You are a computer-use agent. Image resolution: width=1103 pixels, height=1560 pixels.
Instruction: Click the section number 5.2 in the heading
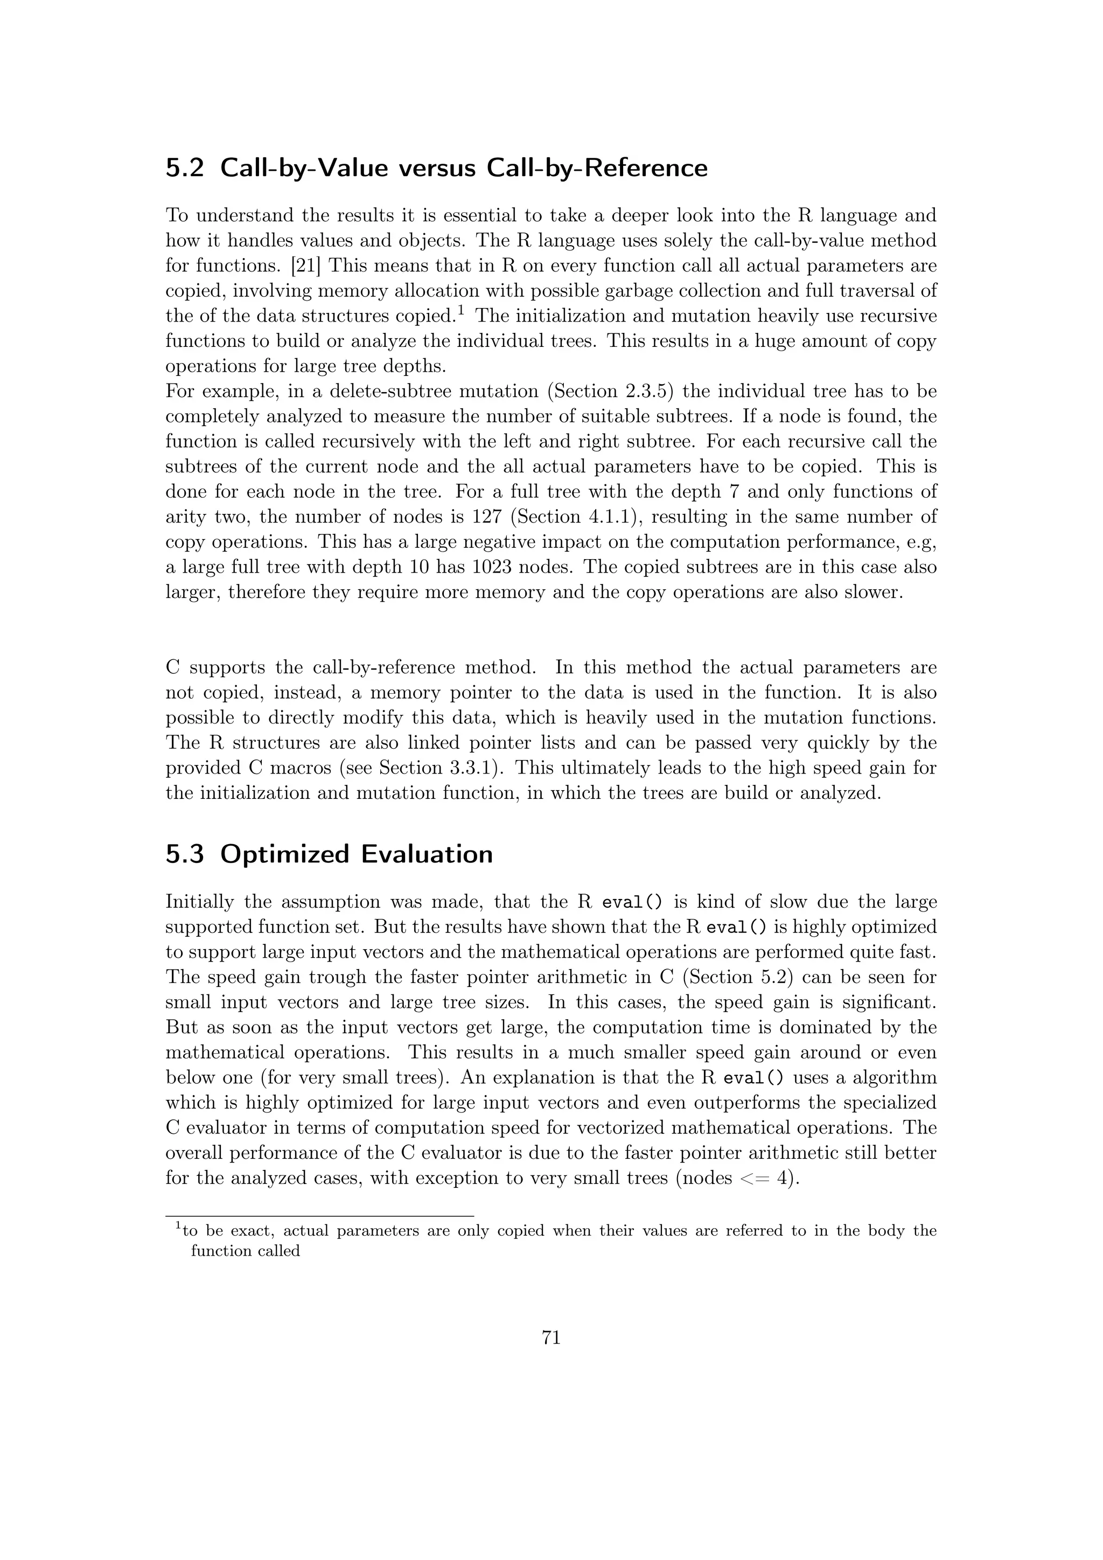[185, 168]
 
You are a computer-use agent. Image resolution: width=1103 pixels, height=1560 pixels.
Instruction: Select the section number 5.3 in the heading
[185, 854]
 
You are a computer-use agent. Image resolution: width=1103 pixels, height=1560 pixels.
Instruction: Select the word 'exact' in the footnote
[253, 1232]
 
